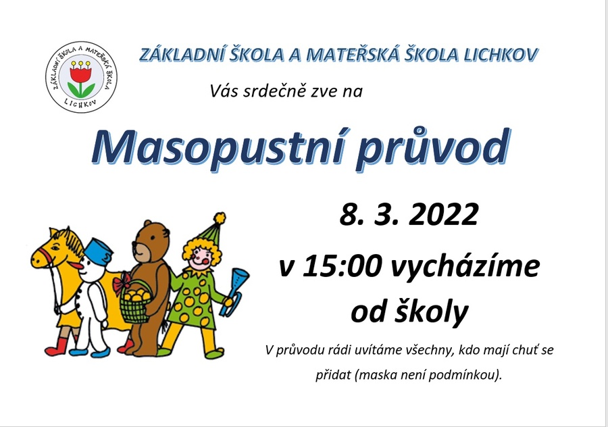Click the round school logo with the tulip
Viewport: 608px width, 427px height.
(x=81, y=77)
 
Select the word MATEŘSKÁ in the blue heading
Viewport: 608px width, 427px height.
(x=352, y=55)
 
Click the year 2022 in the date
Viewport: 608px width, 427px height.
(x=443, y=214)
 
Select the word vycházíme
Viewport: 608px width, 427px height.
(x=464, y=268)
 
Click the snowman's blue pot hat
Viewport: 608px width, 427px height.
(x=99, y=250)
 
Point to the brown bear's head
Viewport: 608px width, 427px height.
(x=151, y=241)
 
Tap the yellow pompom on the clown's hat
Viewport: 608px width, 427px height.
(x=220, y=218)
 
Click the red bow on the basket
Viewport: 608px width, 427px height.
(x=122, y=284)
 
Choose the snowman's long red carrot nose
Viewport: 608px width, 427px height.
(x=76, y=266)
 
